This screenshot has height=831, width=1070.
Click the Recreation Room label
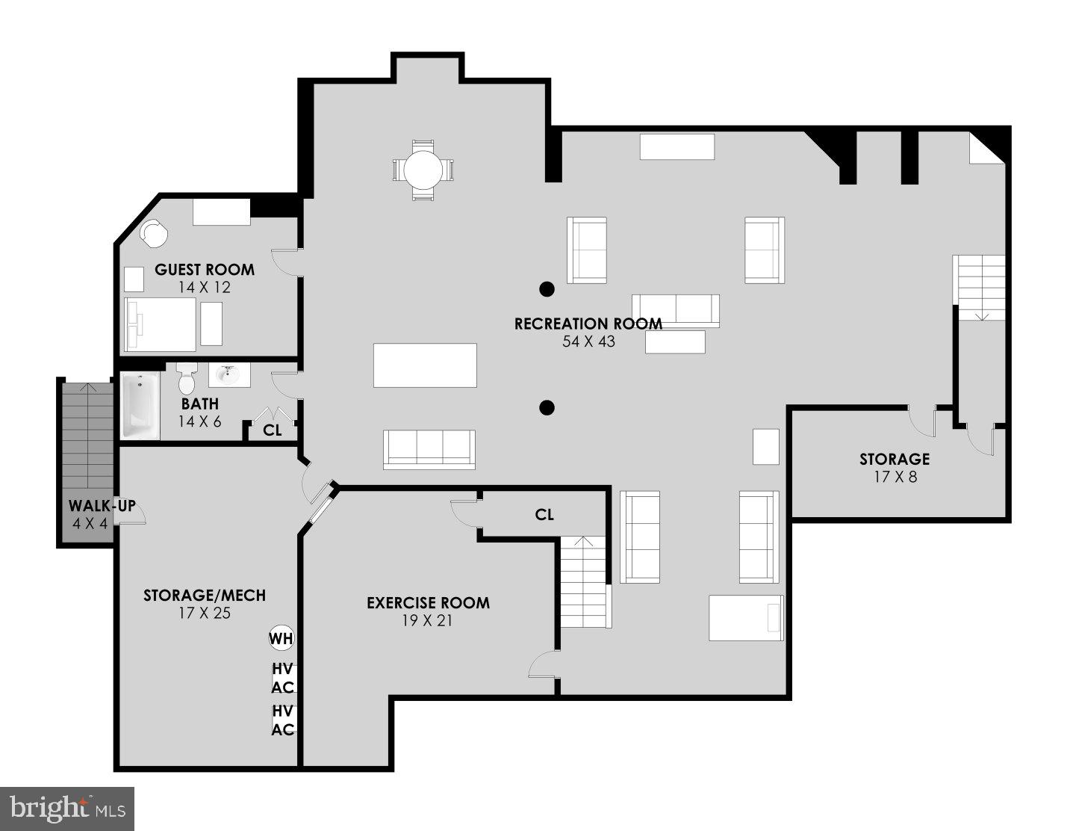588,324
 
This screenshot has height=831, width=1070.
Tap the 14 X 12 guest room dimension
204,287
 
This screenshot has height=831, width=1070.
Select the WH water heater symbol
281,638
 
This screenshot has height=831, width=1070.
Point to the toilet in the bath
187,379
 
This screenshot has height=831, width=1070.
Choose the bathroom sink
228,374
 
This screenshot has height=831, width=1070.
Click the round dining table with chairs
423,170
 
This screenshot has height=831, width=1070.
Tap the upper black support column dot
547,288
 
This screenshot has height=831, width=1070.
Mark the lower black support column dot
547,407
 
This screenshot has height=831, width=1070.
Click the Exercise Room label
428,602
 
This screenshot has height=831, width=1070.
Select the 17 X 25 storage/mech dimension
204,613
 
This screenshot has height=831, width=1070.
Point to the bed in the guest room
160,324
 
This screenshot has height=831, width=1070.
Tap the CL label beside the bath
273,430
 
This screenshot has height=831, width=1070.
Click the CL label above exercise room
544,514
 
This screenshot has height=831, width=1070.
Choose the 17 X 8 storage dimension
895,476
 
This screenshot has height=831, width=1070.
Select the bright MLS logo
67,808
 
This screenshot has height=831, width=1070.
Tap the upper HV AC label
282,679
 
